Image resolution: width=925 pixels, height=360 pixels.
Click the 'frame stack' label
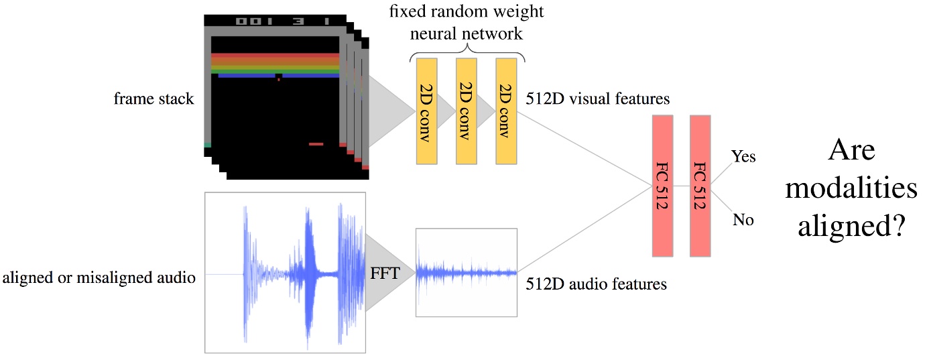pyautogui.click(x=153, y=99)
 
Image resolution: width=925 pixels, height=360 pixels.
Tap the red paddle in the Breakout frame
pyautogui.click(x=316, y=143)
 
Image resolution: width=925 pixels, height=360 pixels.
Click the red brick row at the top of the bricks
pyautogui.click(x=275, y=56)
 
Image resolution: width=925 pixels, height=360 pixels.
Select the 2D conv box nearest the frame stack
pyautogui.click(x=426, y=111)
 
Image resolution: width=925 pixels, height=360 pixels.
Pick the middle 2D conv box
pyautogui.click(x=466, y=111)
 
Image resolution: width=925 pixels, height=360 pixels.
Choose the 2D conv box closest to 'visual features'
pyautogui.click(x=506, y=111)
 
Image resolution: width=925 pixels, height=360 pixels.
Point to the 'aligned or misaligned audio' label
pyautogui.click(x=99, y=277)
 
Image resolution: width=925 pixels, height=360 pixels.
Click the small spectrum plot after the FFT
pyautogui.click(x=467, y=272)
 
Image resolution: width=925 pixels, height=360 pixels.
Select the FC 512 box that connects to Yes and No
pyautogui.click(x=700, y=186)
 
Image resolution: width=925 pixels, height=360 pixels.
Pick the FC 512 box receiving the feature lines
pyautogui.click(x=662, y=186)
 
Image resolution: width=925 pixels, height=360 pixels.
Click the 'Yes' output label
pyautogui.click(x=743, y=157)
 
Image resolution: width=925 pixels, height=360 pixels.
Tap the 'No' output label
pyautogui.click(x=743, y=219)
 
